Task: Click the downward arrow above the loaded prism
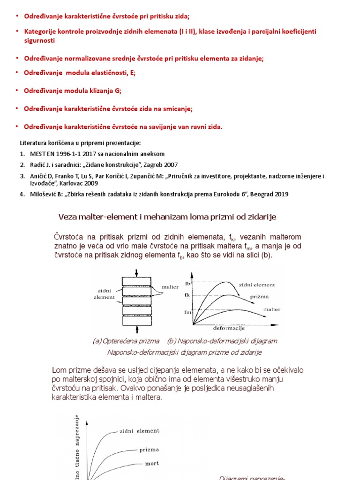point(136,273)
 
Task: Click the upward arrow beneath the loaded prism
point(136,331)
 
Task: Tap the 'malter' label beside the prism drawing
point(170,286)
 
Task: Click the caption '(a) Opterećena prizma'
point(126,341)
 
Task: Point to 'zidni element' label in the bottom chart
point(140,431)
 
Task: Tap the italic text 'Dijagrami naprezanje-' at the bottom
point(251,478)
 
